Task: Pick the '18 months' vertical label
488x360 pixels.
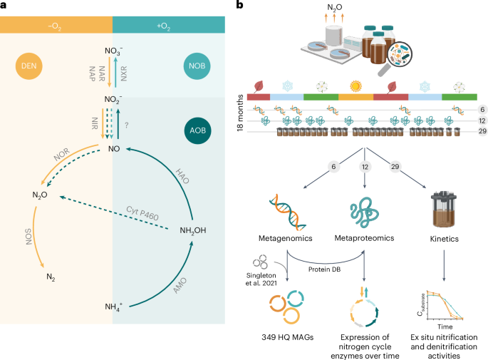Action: click(240, 114)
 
